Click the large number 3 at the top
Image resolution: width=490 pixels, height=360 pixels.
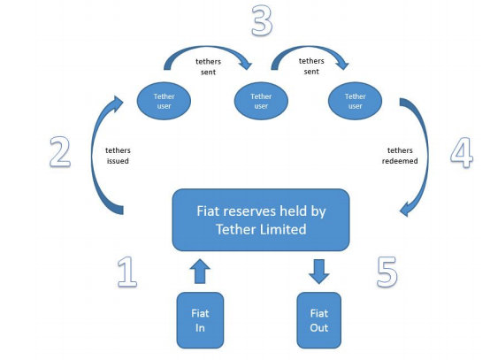[262, 20]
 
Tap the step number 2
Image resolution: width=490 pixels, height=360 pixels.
[60, 152]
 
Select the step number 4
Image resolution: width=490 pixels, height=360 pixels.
[462, 152]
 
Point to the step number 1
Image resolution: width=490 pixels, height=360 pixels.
[127, 272]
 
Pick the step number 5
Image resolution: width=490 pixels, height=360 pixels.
[387, 272]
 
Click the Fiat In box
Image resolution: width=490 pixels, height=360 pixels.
[200, 320]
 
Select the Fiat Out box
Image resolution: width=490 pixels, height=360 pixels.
[318, 320]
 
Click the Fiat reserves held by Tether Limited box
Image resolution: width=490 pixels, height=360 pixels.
[261, 220]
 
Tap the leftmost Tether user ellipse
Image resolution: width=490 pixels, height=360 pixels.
[164, 101]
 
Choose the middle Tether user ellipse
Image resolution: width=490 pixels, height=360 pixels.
[261, 101]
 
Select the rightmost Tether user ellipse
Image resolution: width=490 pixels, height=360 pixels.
[355, 101]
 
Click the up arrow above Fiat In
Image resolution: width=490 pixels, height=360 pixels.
[200, 272]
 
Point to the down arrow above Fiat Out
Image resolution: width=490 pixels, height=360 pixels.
[318, 272]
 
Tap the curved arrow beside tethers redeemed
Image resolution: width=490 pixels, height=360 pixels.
[427, 157]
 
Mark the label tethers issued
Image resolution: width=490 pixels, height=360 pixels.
[118, 156]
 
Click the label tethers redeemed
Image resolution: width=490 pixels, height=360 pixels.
[400, 156]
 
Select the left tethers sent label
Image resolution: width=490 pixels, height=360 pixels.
[208, 66]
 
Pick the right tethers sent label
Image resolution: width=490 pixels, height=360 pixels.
[311, 66]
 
